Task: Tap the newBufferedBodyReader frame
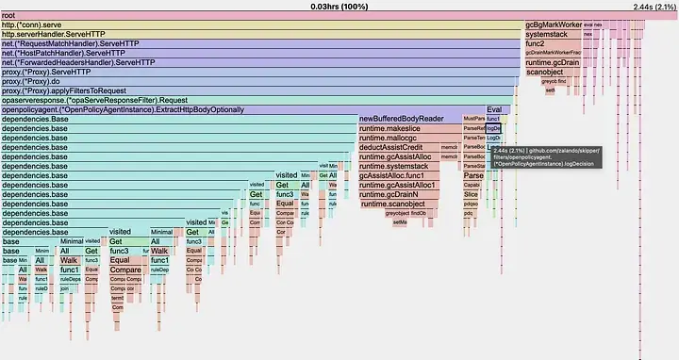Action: pyautogui.click(x=401, y=120)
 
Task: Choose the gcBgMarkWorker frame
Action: pyautogui.click(x=553, y=25)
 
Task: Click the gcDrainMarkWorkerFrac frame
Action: pyautogui.click(x=553, y=54)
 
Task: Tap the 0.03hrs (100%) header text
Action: pyautogui.click(x=339, y=6)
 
